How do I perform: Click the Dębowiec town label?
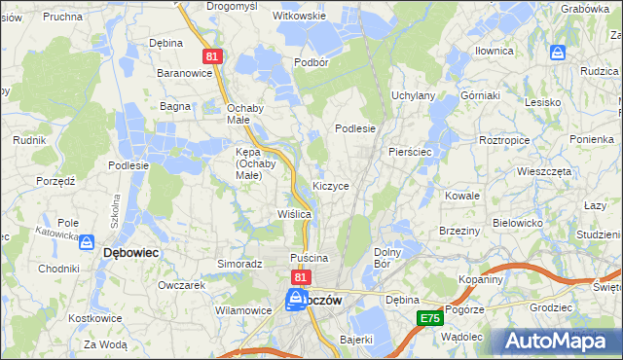[x=131, y=252]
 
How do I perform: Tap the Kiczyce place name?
[x=331, y=185]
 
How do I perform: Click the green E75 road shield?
[x=429, y=318]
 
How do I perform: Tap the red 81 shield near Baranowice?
[x=214, y=57]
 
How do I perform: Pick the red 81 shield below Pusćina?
[x=300, y=278]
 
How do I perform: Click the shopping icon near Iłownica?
[x=558, y=53]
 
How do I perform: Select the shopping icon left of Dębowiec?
[x=87, y=242]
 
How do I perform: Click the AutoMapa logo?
[x=556, y=341]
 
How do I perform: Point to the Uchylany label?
[x=413, y=95]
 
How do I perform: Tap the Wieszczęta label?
[x=544, y=170]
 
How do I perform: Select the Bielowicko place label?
[x=517, y=223]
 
